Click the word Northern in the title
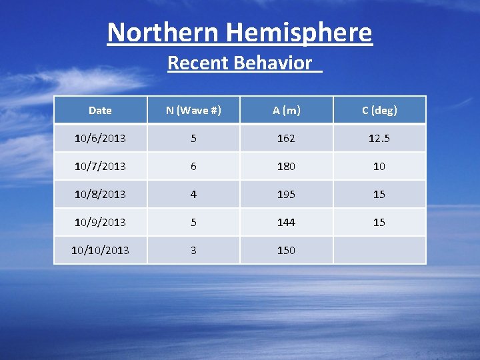click(x=163, y=32)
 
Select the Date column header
click(x=100, y=111)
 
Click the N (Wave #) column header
click(x=193, y=111)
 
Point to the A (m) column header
click(x=286, y=111)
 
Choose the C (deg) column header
click(x=379, y=111)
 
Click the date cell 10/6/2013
click(x=100, y=139)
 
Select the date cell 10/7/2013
click(x=100, y=167)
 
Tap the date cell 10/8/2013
click(x=100, y=195)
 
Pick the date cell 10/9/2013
click(x=100, y=222)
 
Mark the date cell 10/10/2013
click(x=100, y=250)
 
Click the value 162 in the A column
click(x=286, y=139)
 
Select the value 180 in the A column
click(x=286, y=167)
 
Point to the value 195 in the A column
click(x=286, y=195)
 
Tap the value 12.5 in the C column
click(x=379, y=139)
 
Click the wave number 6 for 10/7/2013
click(x=193, y=167)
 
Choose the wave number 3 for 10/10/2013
click(x=193, y=250)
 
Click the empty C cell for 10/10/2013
click(x=379, y=250)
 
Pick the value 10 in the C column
click(x=379, y=167)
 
